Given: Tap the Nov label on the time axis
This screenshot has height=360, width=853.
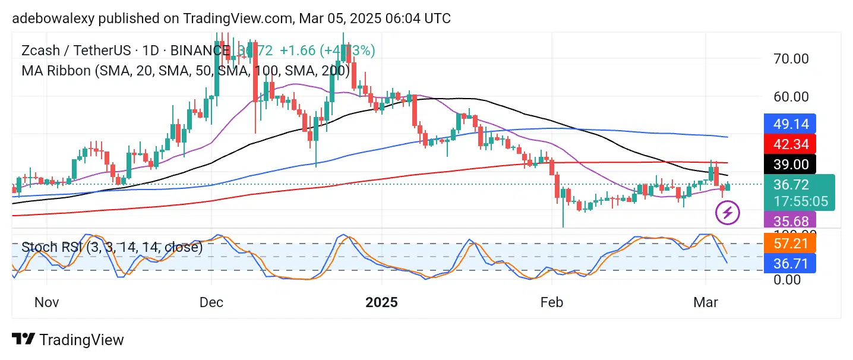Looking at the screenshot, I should pyautogui.click(x=46, y=302).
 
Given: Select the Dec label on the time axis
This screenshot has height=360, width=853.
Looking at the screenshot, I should pyautogui.click(x=211, y=302).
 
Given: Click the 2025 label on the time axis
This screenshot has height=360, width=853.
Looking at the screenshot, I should pyautogui.click(x=381, y=302).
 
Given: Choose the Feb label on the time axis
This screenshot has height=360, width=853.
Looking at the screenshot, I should pyautogui.click(x=551, y=302).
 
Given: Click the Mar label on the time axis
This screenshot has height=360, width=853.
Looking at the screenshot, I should pyautogui.click(x=705, y=302).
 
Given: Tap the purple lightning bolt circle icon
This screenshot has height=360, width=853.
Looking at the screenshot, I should pyautogui.click(x=728, y=212).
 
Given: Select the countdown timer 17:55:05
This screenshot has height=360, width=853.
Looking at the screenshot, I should pyautogui.click(x=800, y=201).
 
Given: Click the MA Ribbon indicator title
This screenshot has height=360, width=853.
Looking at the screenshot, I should pyautogui.click(x=185, y=71).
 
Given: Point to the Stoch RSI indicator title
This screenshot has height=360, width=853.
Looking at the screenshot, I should pyautogui.click(x=112, y=247).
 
